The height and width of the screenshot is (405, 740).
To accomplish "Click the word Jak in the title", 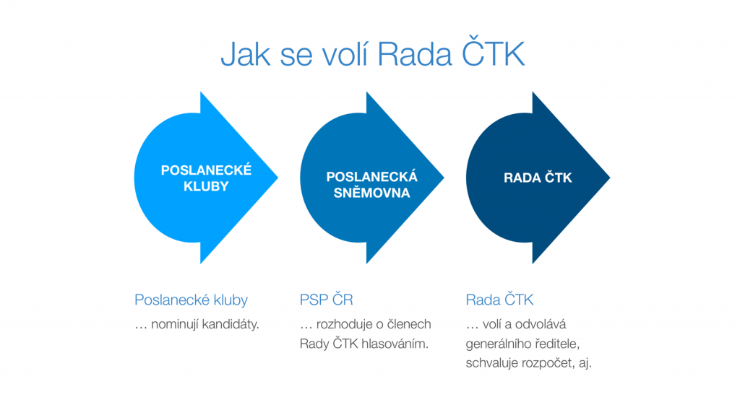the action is click(246, 54).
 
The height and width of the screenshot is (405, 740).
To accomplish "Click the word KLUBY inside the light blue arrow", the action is click(206, 186).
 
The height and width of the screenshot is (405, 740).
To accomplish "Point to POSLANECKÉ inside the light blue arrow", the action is click(206, 170).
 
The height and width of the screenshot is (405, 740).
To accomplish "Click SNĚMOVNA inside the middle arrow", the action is click(372, 192).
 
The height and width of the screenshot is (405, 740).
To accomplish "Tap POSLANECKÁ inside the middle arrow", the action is click(372, 177).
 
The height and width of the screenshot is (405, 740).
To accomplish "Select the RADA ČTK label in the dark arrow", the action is click(538, 178).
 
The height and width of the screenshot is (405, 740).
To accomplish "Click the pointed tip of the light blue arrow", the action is click(277, 178).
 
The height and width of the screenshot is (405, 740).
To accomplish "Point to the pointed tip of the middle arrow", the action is click(444, 178).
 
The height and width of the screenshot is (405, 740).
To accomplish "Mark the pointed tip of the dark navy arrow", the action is click(610, 178).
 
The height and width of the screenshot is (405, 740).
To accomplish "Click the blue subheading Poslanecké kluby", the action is click(191, 300).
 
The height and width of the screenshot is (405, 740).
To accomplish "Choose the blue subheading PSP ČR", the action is click(326, 299).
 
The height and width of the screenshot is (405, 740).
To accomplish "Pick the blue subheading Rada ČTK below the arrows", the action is click(499, 299).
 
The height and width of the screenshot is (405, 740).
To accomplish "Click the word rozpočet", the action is click(548, 364).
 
